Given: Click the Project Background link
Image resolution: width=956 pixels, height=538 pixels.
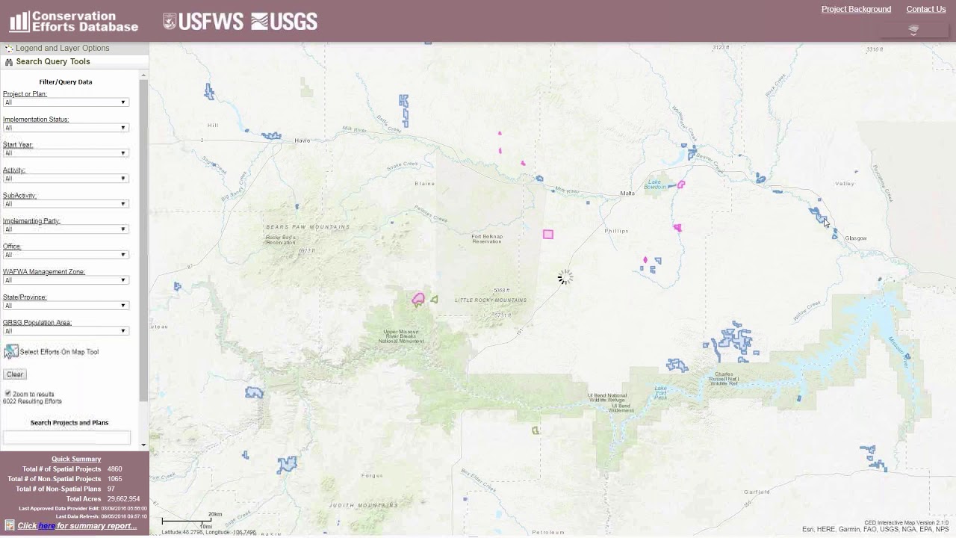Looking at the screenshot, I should point(856,10).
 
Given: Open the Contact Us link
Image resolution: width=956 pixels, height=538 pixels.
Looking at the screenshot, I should point(925,10).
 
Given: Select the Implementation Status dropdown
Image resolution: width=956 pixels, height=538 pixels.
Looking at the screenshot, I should point(66,128).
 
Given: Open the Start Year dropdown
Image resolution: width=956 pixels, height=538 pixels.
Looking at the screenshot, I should point(66,153).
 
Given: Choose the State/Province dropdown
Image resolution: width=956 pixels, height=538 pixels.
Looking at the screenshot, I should point(66,306).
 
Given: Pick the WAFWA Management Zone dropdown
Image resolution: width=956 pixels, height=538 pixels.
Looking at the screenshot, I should point(66,280).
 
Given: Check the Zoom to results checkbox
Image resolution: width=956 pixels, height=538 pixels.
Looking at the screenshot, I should point(8,393).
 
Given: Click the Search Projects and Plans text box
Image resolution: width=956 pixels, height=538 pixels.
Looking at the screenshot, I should point(66,437).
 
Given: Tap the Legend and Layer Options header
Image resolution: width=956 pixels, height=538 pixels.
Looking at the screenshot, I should point(63,48).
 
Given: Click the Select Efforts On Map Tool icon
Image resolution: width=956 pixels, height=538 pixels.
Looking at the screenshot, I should point(12,351).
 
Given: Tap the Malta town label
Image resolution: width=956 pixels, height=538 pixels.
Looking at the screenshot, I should point(627,194).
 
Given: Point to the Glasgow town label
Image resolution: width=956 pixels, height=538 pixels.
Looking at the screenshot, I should point(856,238).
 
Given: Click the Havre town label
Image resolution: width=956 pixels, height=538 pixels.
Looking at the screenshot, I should point(302,140).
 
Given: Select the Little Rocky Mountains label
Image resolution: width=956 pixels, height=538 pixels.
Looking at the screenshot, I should point(491,300).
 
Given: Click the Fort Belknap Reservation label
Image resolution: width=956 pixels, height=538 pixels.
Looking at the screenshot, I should point(487,239).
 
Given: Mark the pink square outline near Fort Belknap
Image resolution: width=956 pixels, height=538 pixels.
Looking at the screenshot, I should point(548,235).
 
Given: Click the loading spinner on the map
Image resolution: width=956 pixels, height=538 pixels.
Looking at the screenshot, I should point(565,278).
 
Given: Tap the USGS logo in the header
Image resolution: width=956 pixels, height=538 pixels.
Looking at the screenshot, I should point(285,22).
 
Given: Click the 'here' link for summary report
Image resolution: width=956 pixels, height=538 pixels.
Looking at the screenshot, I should point(46,526).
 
